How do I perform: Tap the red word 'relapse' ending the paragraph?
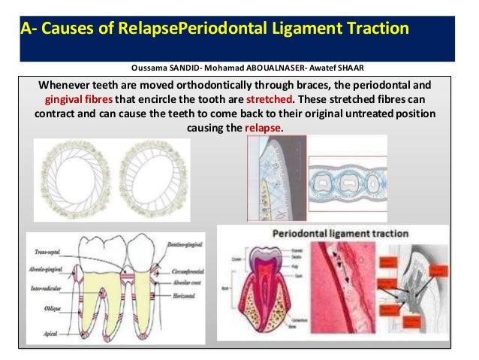click(x=264, y=129)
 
